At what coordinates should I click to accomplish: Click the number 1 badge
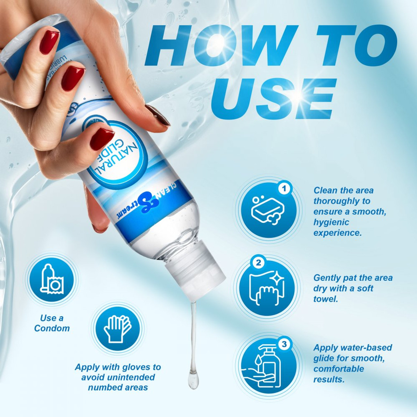[284, 189]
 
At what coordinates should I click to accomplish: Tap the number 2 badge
[258, 263]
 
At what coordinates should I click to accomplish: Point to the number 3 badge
[284, 344]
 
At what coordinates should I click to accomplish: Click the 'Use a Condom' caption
[52, 323]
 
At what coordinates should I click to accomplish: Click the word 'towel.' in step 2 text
[325, 299]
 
